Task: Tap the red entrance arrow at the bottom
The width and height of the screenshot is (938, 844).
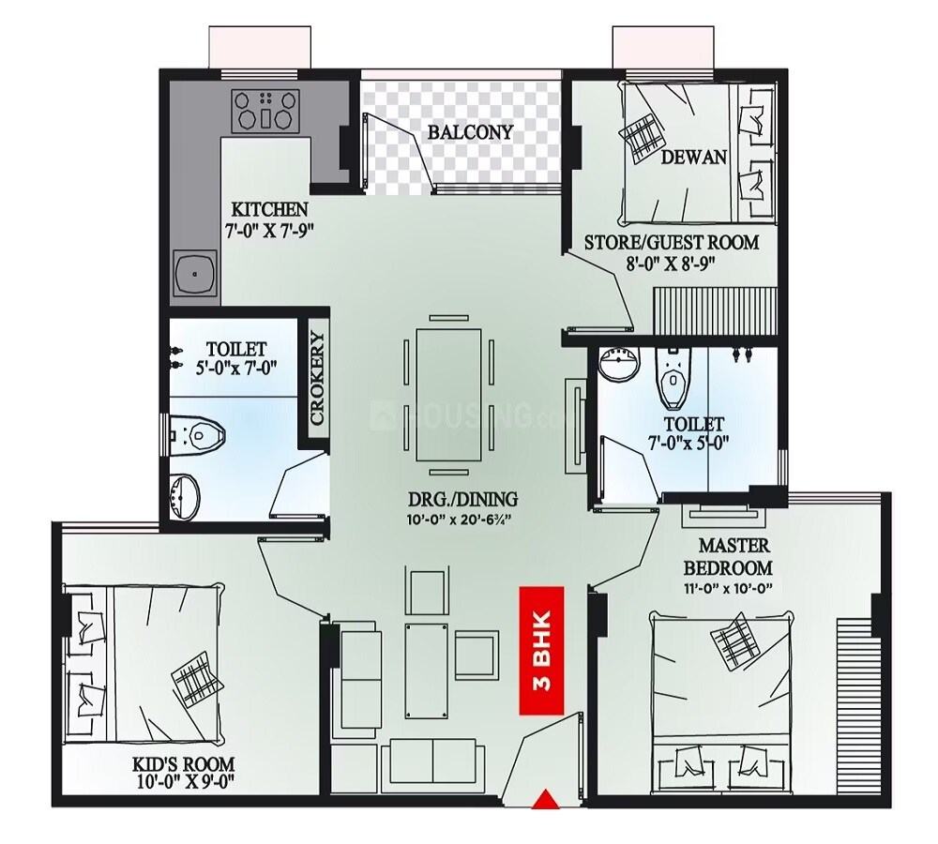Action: pyautogui.click(x=543, y=800)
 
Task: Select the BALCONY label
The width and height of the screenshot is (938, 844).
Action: pyautogui.click(x=471, y=132)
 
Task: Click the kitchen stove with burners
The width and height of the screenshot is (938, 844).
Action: pyautogui.click(x=266, y=110)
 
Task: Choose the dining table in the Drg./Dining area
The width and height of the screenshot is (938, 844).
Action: pyautogui.click(x=447, y=393)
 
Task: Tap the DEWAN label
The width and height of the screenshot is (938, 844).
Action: pyautogui.click(x=694, y=157)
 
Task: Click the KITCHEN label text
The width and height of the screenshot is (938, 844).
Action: pyautogui.click(x=270, y=208)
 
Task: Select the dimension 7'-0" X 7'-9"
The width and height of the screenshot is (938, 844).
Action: pyautogui.click(x=270, y=229)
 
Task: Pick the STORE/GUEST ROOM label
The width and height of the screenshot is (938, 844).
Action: pyautogui.click(x=672, y=243)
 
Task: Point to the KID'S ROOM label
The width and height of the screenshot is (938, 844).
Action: pyautogui.click(x=184, y=764)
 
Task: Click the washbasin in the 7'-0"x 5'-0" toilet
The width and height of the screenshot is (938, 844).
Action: pyautogui.click(x=616, y=364)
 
